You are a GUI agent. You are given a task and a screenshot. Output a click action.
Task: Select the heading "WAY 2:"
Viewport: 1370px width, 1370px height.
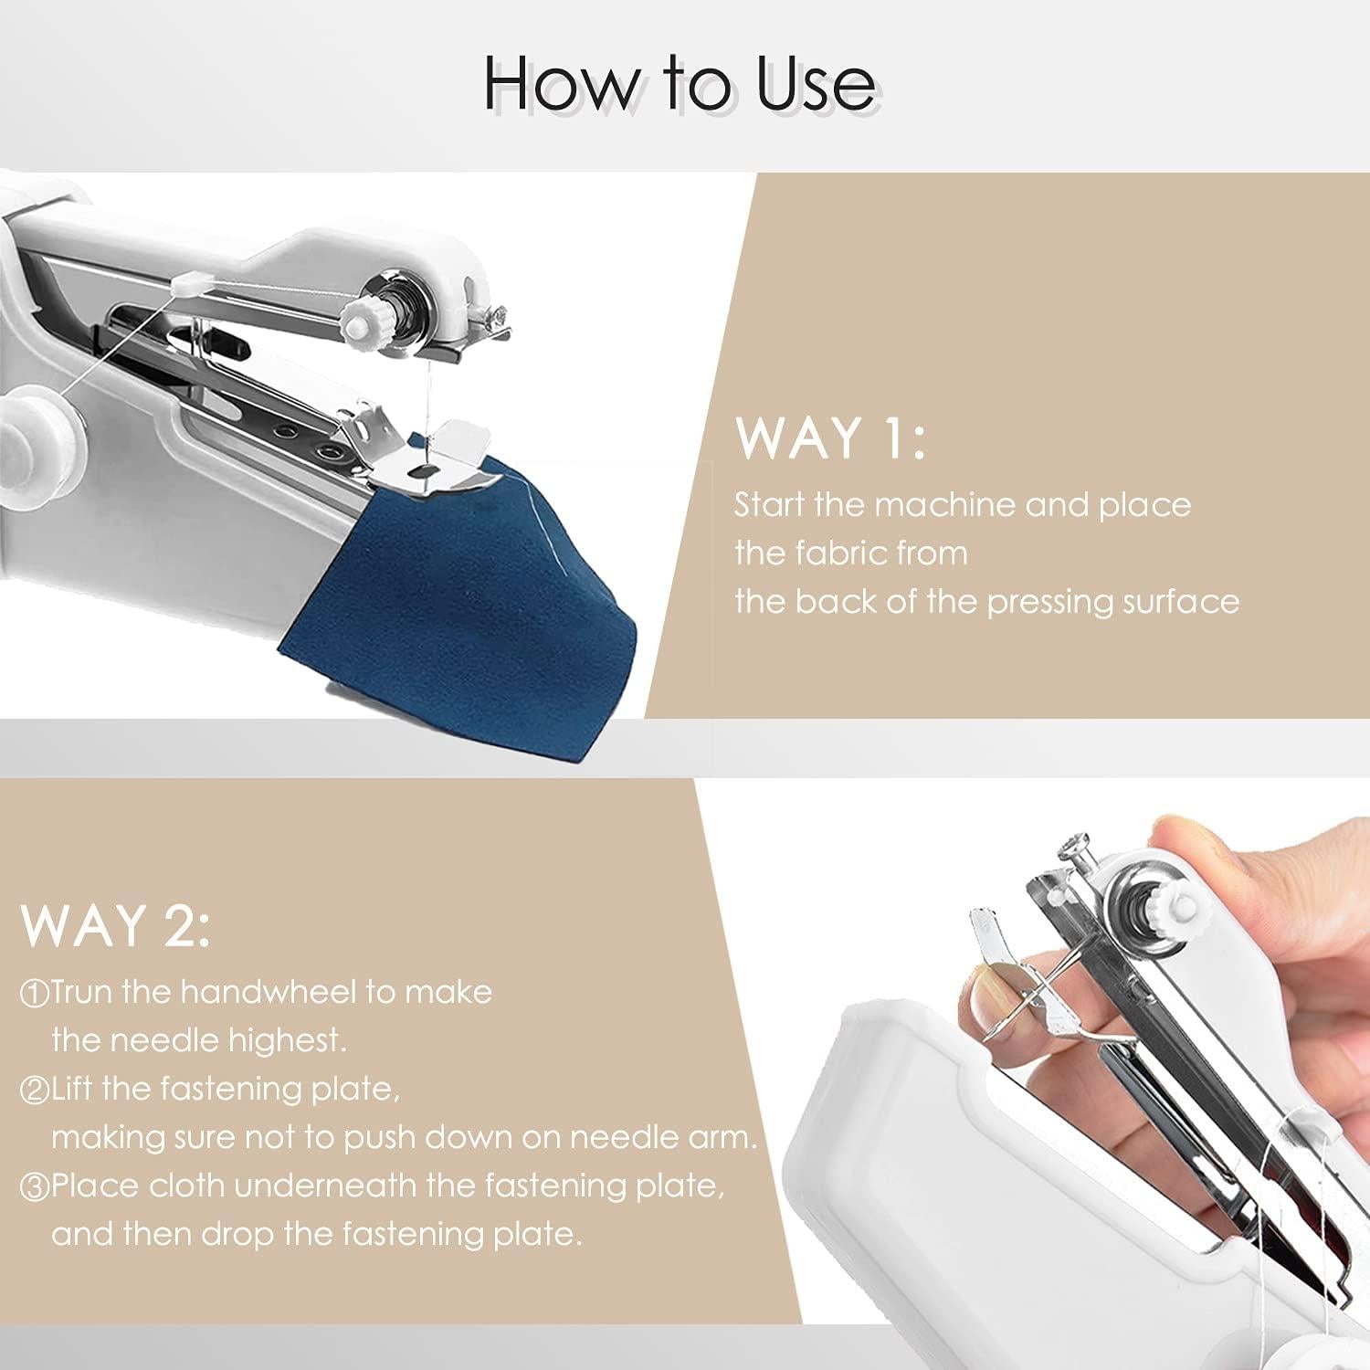coord(115,926)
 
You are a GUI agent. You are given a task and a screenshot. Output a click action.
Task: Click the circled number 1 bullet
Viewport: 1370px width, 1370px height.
coord(35,994)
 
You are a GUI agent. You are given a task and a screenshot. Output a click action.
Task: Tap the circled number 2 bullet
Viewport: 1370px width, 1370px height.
coord(35,1091)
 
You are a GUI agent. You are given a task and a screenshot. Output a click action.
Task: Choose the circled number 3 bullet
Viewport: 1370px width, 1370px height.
coord(35,1187)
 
